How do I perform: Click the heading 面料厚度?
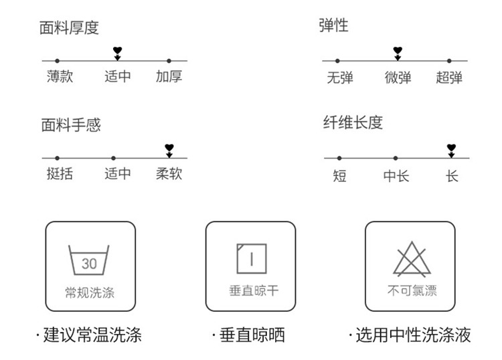pyautogui.click(x=70, y=27)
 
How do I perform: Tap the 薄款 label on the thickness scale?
pyautogui.click(x=60, y=76)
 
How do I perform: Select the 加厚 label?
pyautogui.click(x=169, y=76)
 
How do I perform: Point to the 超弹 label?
pyautogui.click(x=449, y=78)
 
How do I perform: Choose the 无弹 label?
pyautogui.click(x=340, y=78)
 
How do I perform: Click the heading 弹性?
pyautogui.click(x=333, y=26)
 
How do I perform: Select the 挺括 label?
pyautogui.click(x=60, y=174)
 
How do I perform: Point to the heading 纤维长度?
pyautogui.click(x=353, y=122)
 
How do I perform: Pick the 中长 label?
pyautogui.click(x=396, y=177)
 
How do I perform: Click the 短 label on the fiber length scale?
pyautogui.click(x=339, y=177)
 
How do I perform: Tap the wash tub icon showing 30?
pyautogui.click(x=89, y=260)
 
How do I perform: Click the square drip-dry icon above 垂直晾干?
pyautogui.click(x=251, y=259)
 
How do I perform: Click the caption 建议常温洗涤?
pyautogui.click(x=92, y=335)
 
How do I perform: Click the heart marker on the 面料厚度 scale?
pyautogui.click(x=118, y=51)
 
